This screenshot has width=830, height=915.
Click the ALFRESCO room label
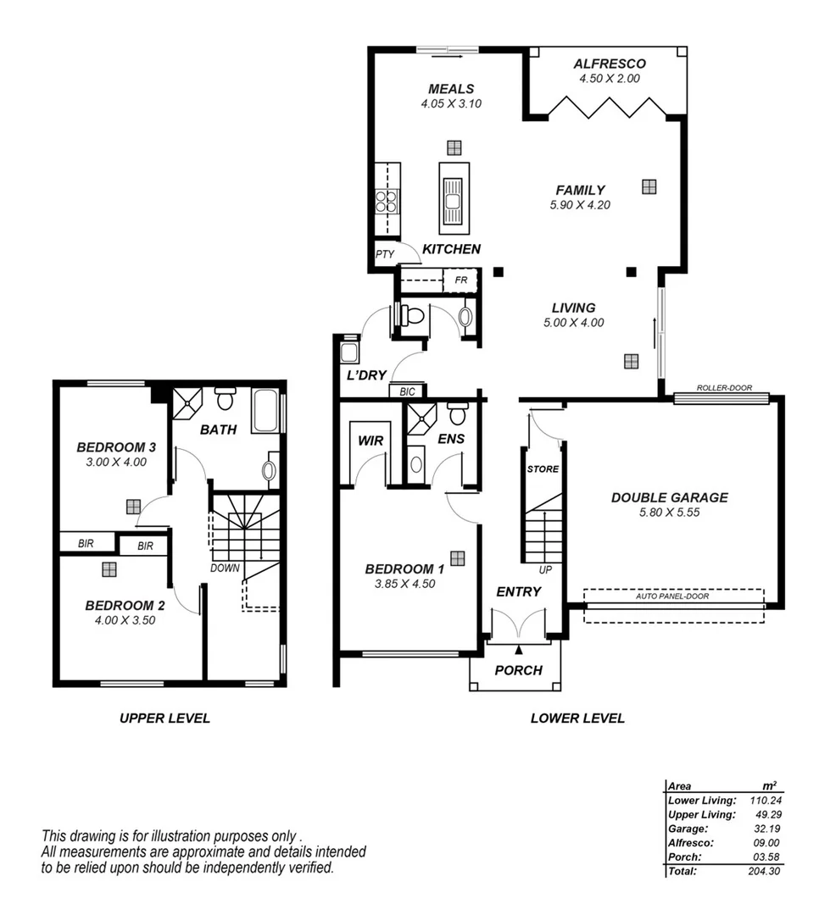[609, 64]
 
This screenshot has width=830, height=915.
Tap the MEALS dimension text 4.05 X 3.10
[450, 104]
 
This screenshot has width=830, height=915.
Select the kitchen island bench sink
[453, 201]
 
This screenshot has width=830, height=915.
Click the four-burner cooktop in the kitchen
[387, 201]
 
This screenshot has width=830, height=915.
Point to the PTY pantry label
[385, 254]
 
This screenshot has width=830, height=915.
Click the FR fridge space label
[461, 280]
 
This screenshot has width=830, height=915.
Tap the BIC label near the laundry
[406, 391]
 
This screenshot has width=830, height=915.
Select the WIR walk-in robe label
[370, 440]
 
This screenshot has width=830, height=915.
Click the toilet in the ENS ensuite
[458, 414]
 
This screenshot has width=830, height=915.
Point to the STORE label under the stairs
[543, 469]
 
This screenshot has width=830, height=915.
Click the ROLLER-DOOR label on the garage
[723, 388]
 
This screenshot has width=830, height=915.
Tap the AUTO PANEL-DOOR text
[672, 596]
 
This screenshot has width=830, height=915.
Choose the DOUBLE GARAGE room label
[669, 497]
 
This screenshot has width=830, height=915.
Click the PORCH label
[518, 670]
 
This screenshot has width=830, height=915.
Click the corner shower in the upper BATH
[187, 404]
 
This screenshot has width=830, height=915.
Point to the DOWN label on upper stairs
[226, 568]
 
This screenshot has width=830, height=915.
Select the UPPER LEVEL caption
[164, 718]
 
